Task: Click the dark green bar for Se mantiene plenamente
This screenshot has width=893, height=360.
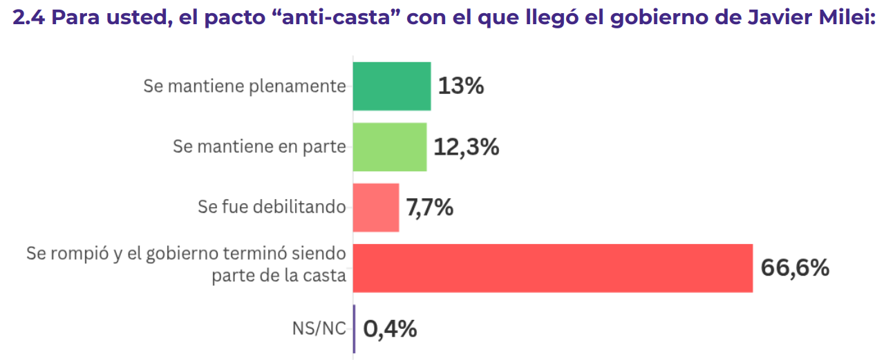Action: tap(392, 86)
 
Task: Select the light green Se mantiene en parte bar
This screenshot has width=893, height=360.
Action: tap(390, 146)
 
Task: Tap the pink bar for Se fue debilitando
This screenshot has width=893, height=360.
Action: tap(376, 207)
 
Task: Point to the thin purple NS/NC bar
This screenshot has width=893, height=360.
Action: tap(355, 329)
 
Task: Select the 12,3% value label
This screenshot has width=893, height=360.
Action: tap(467, 146)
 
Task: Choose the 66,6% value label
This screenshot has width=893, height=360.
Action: tap(795, 268)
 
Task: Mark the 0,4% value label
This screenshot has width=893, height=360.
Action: tap(390, 329)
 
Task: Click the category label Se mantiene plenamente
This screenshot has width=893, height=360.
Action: tap(244, 86)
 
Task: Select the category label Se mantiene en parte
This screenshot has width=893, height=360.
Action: tap(259, 146)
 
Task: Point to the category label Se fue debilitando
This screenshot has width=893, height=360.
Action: tap(272, 207)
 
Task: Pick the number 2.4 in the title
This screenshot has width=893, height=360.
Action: tap(29, 17)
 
